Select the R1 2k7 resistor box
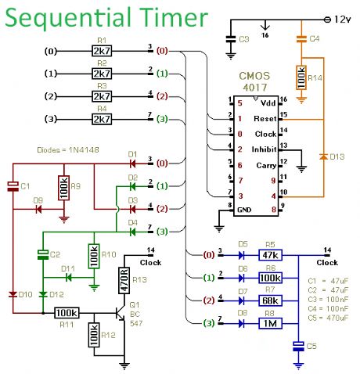pyautogui.click(x=102, y=51)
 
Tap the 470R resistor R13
pyautogui.click(x=124, y=280)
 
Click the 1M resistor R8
pyautogui.click(x=270, y=323)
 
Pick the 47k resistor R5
pyautogui.click(x=270, y=255)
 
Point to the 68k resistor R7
pyautogui.click(x=270, y=300)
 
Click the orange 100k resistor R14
pyautogui.click(x=301, y=77)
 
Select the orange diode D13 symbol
pyautogui.click(x=323, y=156)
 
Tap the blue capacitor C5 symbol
pyautogui.click(x=298, y=347)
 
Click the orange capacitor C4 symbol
pyautogui.click(x=301, y=39)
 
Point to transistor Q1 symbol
pyautogui.click(x=121, y=313)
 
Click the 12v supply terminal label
pyautogui.click(x=342, y=20)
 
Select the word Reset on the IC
pyautogui.click(x=265, y=119)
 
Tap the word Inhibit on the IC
pyautogui.click(x=264, y=149)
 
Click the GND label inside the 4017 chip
pyautogui.click(x=244, y=210)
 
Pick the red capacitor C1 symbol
pyautogui.click(x=13, y=186)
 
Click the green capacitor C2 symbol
pyautogui.click(x=43, y=254)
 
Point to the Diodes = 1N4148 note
pyautogui.click(x=68, y=150)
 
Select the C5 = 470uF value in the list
pyautogui.click(x=328, y=318)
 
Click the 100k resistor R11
pyautogui.click(x=67, y=313)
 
